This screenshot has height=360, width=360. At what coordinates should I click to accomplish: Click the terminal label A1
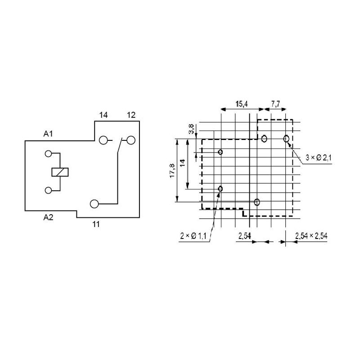pos(48,134)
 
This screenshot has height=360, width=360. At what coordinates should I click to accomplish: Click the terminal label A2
pos(48,217)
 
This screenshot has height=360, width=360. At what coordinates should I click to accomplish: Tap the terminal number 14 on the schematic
pos(103,115)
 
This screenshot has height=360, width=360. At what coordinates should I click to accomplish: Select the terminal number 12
pos(131,115)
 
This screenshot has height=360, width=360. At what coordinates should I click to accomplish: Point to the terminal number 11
pos(96,224)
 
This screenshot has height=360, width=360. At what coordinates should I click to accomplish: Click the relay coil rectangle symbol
pos(60,172)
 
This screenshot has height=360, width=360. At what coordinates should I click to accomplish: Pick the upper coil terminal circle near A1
pos(48,153)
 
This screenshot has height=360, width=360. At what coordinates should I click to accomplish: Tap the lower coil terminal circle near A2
pos(48,190)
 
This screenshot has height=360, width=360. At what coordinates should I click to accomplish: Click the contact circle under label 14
pos(103,140)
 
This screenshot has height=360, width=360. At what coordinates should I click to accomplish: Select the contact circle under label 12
pos(131,140)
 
